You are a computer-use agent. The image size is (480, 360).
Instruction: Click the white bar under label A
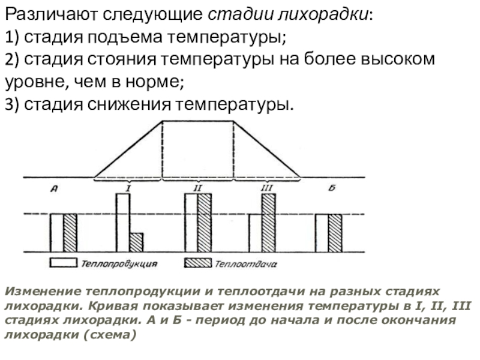tap(56, 232)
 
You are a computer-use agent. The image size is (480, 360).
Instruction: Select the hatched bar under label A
tap(70, 232)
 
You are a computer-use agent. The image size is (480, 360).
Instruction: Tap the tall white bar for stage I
tap(122, 222)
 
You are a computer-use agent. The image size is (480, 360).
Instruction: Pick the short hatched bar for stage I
tap(136, 242)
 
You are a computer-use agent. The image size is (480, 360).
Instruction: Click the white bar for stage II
tap(191, 222)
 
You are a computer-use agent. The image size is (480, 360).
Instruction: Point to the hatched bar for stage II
tap(205, 222)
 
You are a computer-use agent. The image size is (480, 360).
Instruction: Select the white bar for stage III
tap(256, 232)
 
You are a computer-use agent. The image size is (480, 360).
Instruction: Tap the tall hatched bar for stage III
tap(269, 222)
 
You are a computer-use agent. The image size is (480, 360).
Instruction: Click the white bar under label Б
tap(322, 232)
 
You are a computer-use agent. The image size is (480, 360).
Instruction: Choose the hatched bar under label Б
tap(335, 232)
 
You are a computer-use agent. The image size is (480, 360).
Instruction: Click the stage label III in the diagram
tap(267, 188)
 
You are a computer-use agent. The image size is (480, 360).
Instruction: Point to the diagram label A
tap(53, 189)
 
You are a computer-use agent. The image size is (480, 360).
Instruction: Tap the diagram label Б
tap(331, 188)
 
